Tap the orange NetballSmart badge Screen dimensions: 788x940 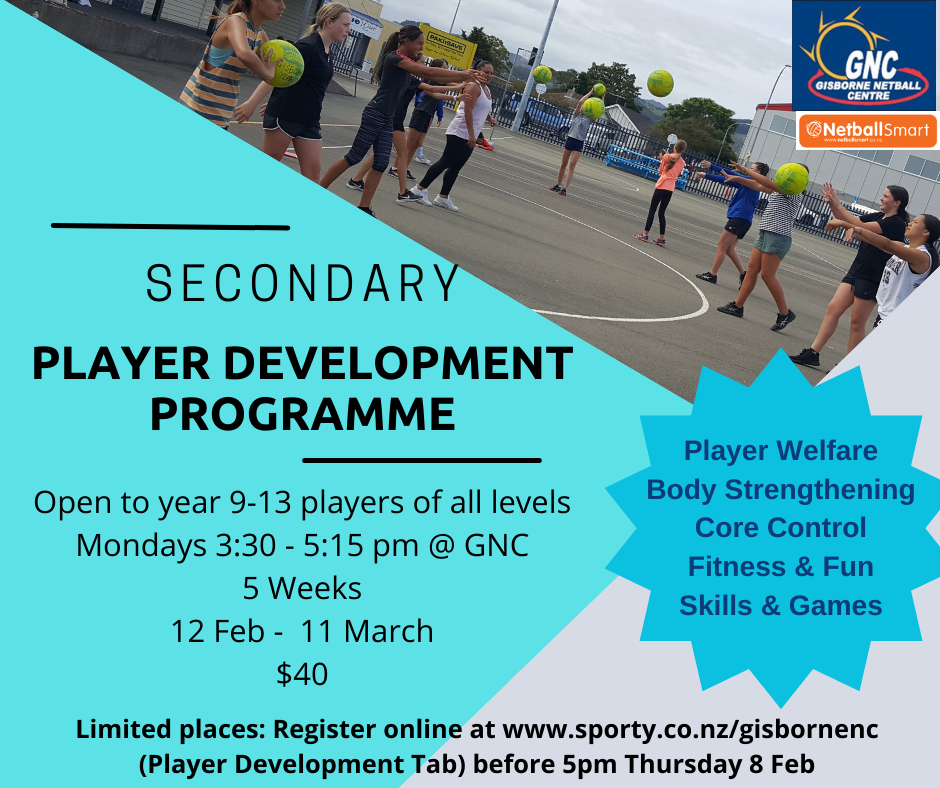pyautogui.click(x=866, y=131)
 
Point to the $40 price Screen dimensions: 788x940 pyautogui.click(x=302, y=674)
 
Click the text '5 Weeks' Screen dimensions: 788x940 pyautogui.click(x=302, y=588)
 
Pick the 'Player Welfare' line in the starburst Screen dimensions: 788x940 pyautogui.click(x=780, y=451)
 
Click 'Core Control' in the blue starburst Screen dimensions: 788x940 pyautogui.click(x=780, y=528)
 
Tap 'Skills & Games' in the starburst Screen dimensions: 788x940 pyautogui.click(x=780, y=605)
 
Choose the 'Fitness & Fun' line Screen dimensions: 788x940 pyautogui.click(x=780, y=567)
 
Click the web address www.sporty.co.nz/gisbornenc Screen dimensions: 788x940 pyautogui.click(x=690, y=730)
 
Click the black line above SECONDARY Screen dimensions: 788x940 pyautogui.click(x=170, y=226)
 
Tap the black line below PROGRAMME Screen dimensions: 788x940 pyautogui.click(x=421, y=461)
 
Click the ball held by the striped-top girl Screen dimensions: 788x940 pyautogui.click(x=282, y=63)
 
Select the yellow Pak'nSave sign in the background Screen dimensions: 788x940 pyautogui.click(x=448, y=46)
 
